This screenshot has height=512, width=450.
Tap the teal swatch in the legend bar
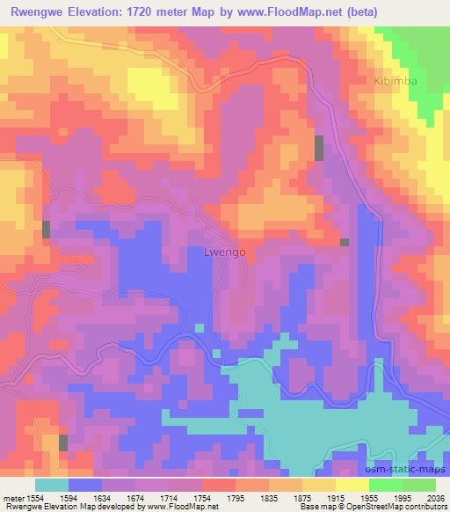(x=52, y=485)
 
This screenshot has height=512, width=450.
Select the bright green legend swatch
(x=418, y=485)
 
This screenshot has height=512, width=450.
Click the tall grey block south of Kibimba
(x=319, y=148)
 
